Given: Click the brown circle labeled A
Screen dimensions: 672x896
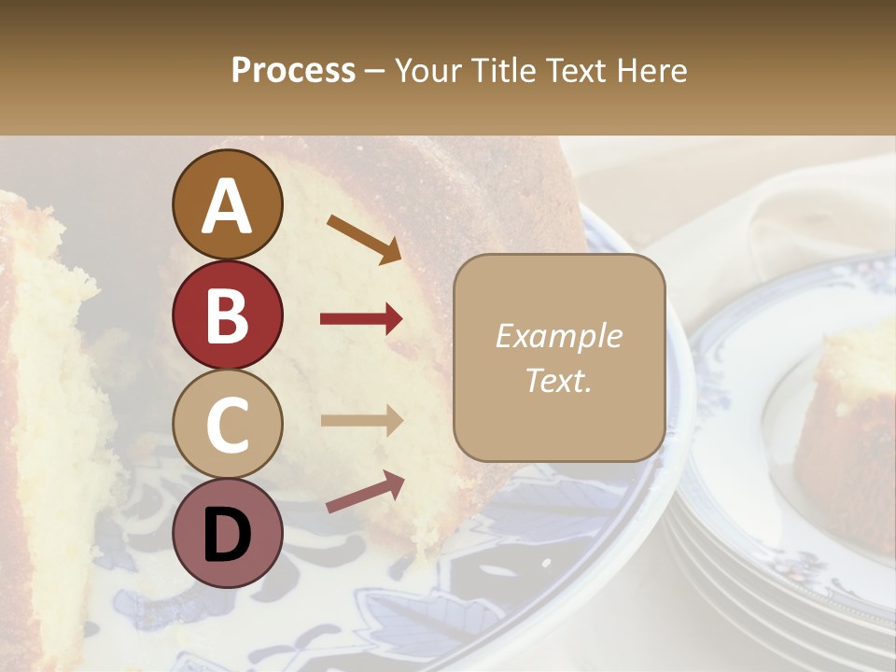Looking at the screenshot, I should point(227,204).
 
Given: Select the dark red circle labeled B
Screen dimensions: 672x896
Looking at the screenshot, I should point(227,315).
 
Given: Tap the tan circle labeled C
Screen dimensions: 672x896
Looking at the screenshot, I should point(227,425).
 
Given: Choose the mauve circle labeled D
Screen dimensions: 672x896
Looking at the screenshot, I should point(227,534).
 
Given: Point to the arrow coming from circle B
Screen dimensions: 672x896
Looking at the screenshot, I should point(361,320).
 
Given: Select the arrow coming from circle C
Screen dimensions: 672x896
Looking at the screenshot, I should point(361,421).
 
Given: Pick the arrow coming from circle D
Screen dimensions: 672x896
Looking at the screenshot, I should point(365,492).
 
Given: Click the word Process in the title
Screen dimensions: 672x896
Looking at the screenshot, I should point(293,70).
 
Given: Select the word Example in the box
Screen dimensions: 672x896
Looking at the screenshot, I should point(558,337).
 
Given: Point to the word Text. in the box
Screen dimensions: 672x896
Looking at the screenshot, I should point(558,381).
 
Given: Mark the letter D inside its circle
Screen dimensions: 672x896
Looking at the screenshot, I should point(227,535).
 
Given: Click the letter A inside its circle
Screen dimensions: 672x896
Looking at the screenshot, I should point(227,206).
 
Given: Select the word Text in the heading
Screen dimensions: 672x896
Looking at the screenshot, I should point(573,70).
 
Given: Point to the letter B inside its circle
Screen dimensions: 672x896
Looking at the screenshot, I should point(227,315).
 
